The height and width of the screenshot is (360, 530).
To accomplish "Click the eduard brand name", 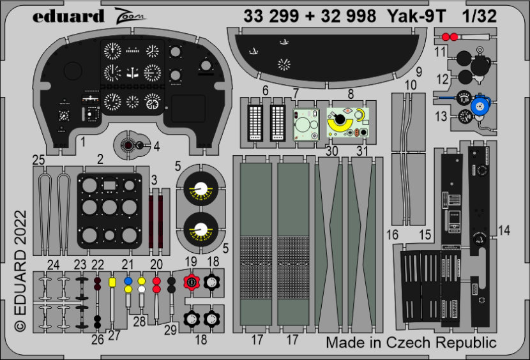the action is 68,16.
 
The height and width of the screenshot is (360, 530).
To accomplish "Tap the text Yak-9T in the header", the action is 416,16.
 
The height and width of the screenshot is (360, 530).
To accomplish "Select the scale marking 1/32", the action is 480,16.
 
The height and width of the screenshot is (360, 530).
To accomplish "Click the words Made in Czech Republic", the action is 411,342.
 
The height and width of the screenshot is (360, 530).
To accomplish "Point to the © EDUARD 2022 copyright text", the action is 20,271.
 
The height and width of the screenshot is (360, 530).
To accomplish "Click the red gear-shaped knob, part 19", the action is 192,283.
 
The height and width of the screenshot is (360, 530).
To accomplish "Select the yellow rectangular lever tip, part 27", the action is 112,282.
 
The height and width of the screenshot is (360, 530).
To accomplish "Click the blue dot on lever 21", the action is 128,281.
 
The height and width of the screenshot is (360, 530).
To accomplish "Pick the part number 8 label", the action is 351,94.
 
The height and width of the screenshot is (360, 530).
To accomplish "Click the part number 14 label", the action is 504,230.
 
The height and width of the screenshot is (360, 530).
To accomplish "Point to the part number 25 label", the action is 38,160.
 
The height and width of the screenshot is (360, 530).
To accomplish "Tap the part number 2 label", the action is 100,159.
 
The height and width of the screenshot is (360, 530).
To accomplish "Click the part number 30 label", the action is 331,151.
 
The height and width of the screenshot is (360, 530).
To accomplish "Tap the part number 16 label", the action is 392,235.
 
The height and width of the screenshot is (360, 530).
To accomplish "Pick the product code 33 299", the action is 271,16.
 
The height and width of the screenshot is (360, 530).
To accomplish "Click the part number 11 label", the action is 441,52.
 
